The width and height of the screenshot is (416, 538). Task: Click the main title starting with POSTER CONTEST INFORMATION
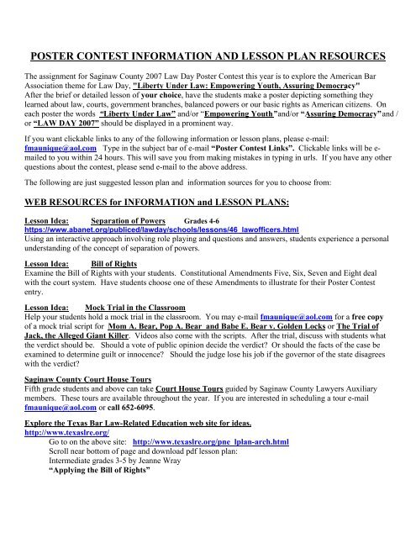208,56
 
